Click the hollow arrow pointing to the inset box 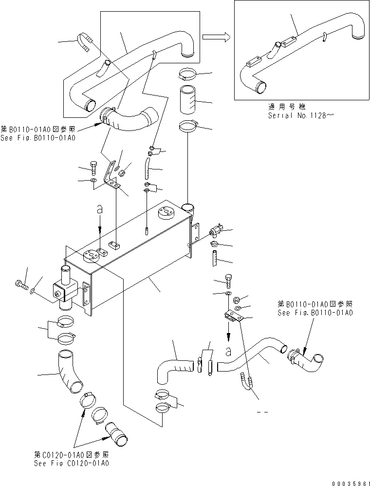(x=216, y=37)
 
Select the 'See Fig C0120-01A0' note (x=72, y=463)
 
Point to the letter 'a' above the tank (x=100, y=210)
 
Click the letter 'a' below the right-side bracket (x=229, y=350)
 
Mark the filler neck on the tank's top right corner (x=188, y=209)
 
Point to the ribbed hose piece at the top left (x=85, y=42)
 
